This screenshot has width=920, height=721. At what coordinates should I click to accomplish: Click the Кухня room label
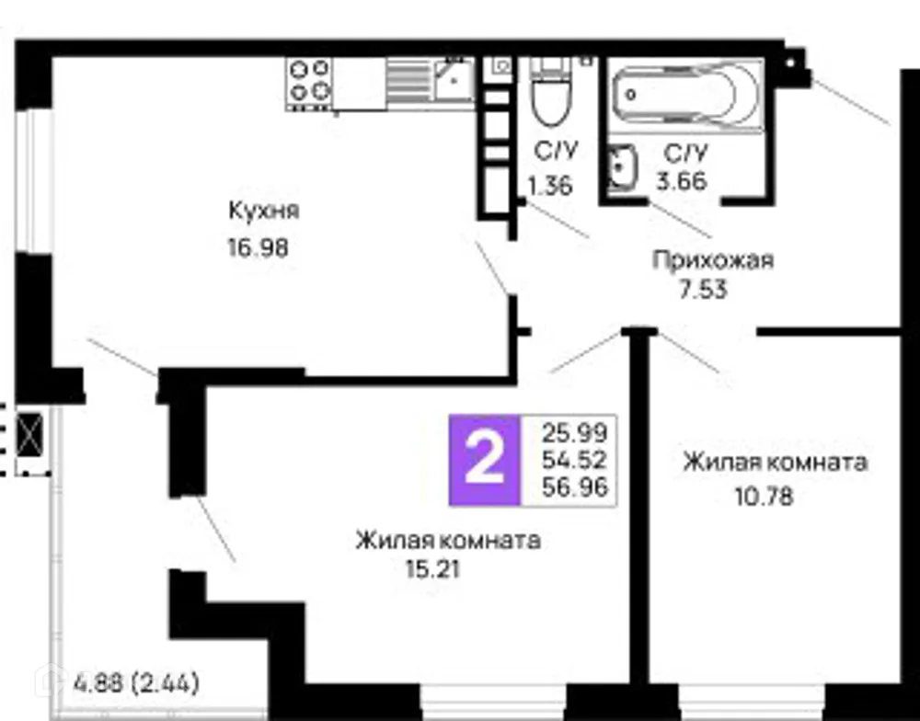pos(264,211)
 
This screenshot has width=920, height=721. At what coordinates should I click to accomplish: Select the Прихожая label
pos(712,260)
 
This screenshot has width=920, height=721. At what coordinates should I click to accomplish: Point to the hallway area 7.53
pos(701,291)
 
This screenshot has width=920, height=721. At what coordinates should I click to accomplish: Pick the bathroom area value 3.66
pos(681,181)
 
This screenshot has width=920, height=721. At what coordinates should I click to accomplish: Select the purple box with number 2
pos(484,461)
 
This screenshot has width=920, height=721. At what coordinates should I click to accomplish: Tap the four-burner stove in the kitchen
pos(309,81)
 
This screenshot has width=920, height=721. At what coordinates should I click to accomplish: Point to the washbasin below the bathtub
pos(622,166)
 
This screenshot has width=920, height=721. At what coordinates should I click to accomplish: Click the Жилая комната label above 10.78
pos(774,462)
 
